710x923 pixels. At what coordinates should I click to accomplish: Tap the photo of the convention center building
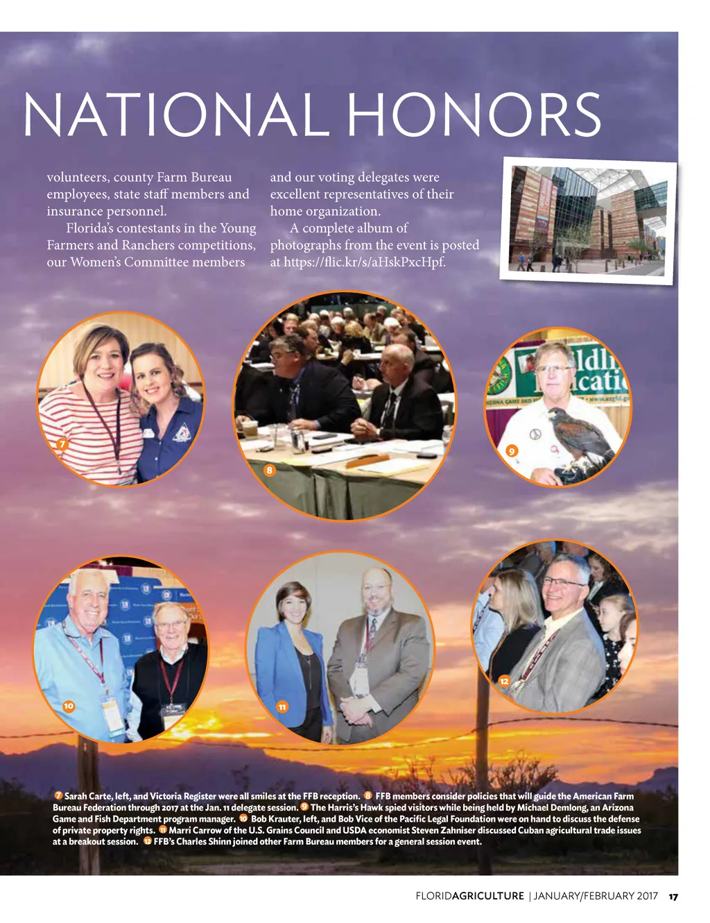(x=588, y=220)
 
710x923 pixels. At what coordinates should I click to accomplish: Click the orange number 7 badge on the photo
(x=62, y=444)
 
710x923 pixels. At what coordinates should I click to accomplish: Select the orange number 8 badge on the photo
(x=270, y=471)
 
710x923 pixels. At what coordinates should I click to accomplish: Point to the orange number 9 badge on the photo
(x=512, y=451)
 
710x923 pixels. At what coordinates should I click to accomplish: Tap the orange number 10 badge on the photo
(x=68, y=706)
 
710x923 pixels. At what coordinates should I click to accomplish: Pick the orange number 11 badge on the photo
(x=282, y=707)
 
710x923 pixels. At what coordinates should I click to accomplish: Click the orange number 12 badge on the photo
(x=504, y=681)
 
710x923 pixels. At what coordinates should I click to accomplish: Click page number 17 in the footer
(x=673, y=896)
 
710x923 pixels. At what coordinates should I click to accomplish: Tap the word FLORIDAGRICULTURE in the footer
(x=469, y=896)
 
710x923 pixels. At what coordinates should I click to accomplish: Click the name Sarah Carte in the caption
(x=88, y=797)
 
